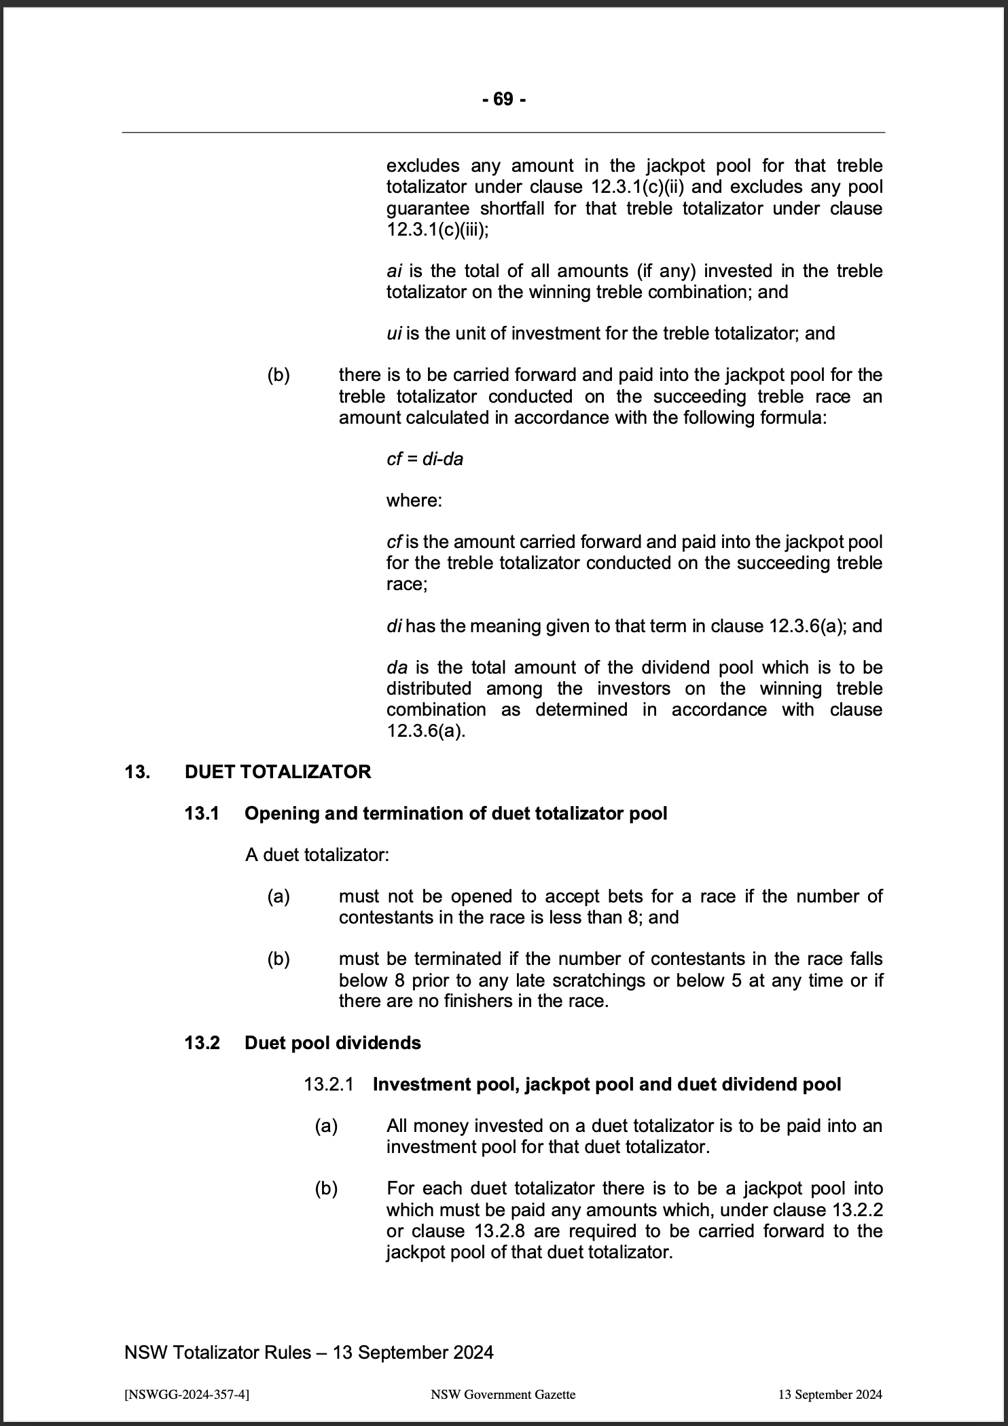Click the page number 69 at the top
(x=503, y=100)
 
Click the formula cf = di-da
(x=425, y=459)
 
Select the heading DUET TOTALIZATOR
(x=278, y=772)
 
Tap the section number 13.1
(x=202, y=813)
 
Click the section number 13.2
(x=202, y=1043)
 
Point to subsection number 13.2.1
(x=329, y=1084)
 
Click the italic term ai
(x=394, y=272)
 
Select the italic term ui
(x=394, y=333)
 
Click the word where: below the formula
(x=414, y=500)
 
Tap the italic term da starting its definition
(x=397, y=668)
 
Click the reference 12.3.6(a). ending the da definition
(x=426, y=731)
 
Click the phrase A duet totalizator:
(x=317, y=855)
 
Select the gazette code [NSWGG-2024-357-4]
(x=187, y=1395)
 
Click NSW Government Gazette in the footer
(x=503, y=1395)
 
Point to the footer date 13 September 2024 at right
(x=830, y=1395)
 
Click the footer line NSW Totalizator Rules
(x=308, y=1353)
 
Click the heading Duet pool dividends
(x=332, y=1043)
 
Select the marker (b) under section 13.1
(x=278, y=959)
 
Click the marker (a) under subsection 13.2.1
(x=326, y=1127)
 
